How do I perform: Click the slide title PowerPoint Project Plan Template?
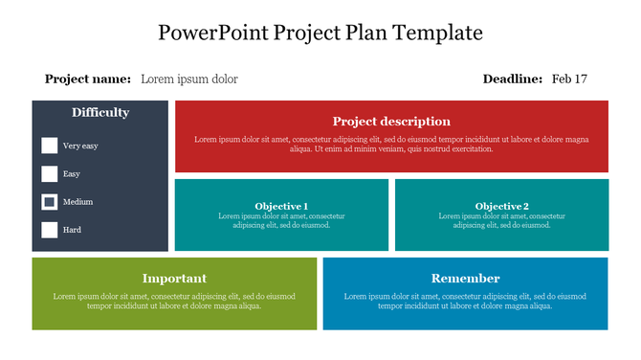point(320,34)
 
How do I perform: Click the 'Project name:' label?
point(88,79)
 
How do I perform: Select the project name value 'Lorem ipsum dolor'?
point(189,79)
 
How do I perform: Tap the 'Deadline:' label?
point(513,79)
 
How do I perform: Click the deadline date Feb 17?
point(570,79)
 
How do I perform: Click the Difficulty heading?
point(100,113)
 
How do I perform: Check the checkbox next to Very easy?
point(50,146)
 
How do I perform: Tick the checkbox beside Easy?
point(50,174)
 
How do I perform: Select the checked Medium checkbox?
point(50,202)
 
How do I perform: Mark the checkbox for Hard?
point(50,230)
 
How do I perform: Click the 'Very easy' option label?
point(80,146)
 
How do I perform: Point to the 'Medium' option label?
point(77,203)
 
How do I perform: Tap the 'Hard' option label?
point(72,231)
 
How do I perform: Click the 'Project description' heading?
point(391,122)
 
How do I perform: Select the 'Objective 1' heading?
point(281,206)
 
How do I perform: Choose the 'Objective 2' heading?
point(501,206)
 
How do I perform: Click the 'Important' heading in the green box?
point(174,279)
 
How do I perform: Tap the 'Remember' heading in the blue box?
point(465,279)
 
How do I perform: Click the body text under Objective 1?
point(281,221)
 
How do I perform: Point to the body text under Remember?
point(465,301)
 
